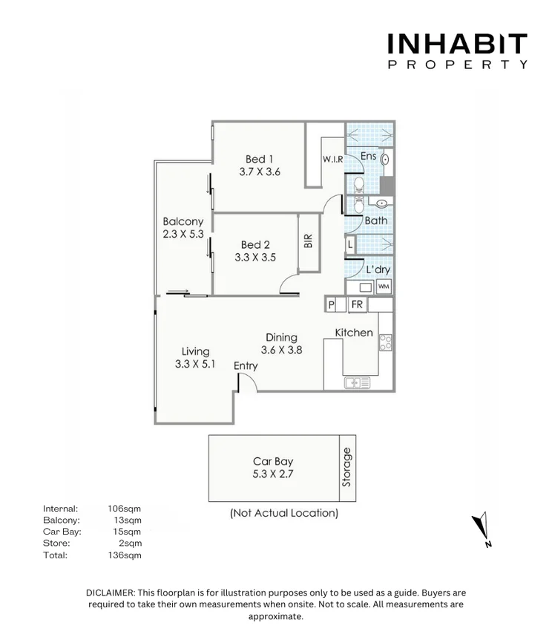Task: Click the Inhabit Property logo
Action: pos(457,50)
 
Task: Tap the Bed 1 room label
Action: pos(260,159)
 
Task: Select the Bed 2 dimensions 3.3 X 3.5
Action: pos(255,258)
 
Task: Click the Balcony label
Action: pos(183,221)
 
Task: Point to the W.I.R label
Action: pos(332,160)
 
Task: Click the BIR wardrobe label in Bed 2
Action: pos(308,241)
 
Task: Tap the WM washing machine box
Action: pos(384,287)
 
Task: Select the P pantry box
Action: pos(332,304)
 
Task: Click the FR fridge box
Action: pos(357,304)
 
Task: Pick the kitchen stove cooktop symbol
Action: pos(386,342)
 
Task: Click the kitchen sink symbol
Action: pos(358,383)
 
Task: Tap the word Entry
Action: pos(246,365)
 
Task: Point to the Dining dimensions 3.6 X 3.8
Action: pos(281,350)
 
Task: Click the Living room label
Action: pos(195,351)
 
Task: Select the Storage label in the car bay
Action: pos(346,467)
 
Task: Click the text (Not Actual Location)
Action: pos(283,512)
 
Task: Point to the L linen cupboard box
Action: pos(349,244)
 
